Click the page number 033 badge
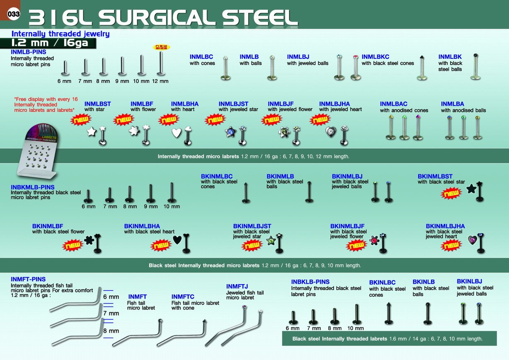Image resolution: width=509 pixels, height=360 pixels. click(x=13, y=14)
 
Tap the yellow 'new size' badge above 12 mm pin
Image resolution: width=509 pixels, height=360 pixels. click(x=161, y=47)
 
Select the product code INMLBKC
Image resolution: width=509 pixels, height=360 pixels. click(x=375, y=57)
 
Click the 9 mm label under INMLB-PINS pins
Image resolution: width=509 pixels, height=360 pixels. click(x=122, y=81)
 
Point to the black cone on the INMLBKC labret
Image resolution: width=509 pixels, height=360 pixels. click(x=422, y=58)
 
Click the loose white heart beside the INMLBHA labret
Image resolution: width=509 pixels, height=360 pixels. click(x=177, y=133)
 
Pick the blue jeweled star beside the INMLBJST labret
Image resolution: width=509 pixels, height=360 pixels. click(x=230, y=131)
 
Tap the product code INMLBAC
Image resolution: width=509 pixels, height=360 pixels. click(x=393, y=104)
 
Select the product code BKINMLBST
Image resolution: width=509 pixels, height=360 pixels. click(x=435, y=176)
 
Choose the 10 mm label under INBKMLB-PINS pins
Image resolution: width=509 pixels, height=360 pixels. click(x=172, y=206)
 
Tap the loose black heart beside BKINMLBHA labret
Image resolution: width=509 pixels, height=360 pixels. click(x=177, y=239)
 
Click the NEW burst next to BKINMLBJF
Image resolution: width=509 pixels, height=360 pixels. click(x=356, y=245)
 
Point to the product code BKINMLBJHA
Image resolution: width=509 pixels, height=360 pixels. click(x=445, y=226)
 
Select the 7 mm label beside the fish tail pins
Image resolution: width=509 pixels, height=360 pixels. click(x=111, y=313)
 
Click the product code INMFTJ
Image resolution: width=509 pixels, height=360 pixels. click(x=237, y=286)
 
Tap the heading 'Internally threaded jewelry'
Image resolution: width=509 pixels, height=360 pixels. click(x=61, y=34)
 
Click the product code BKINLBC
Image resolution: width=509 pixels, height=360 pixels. click(x=382, y=282)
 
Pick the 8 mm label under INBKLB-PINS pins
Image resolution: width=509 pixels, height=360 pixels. click(x=335, y=328)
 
